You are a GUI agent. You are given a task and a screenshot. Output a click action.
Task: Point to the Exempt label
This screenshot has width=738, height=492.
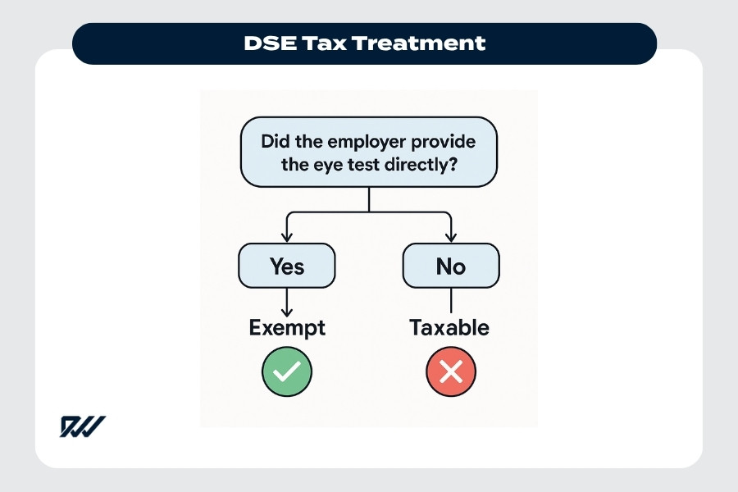pos(286,328)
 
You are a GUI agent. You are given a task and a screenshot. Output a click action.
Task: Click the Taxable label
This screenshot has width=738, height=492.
pos(449,328)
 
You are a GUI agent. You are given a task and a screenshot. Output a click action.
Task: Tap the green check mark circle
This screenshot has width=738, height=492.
pos(286,372)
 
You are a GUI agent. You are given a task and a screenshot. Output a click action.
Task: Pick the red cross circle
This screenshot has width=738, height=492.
pos(450,372)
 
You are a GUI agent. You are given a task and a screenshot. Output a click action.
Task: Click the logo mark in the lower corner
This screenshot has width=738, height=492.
pos(82,426)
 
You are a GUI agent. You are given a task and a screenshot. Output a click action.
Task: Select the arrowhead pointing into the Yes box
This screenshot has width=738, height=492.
pos(286,237)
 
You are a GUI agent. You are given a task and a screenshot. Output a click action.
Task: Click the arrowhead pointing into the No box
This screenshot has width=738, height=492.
pos(451,237)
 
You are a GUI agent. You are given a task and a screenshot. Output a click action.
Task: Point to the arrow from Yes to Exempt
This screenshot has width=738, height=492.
pos(286,301)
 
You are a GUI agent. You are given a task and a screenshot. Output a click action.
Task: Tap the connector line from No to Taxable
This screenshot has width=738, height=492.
pos(451,299)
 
